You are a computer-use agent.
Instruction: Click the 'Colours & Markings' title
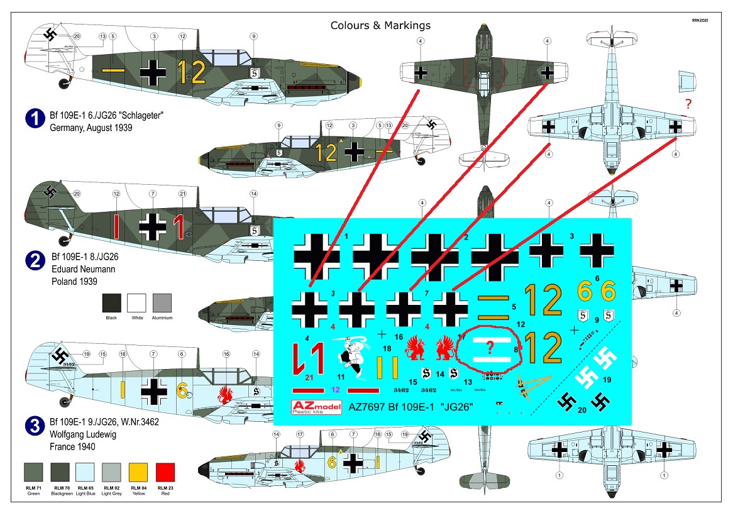tap(380, 26)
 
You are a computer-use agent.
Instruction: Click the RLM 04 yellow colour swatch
tap(139, 473)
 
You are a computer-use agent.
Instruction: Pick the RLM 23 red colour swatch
tap(165, 473)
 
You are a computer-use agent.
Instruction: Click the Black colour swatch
tap(111, 303)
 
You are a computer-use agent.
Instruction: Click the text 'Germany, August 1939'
tap(93, 127)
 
